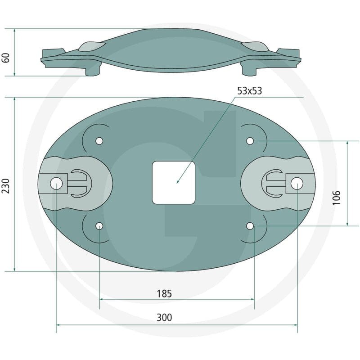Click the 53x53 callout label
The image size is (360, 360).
tap(249, 91)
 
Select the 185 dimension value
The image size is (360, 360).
tap(164, 294)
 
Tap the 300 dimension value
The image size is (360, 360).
tap(164, 318)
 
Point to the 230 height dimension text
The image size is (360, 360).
tap(5, 186)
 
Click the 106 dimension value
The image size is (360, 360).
tap(336, 198)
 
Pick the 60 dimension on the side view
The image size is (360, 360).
tap(5, 58)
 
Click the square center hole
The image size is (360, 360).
tap(174, 183)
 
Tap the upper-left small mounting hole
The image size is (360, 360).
tap(99, 141)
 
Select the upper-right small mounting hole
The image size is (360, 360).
tap(250, 141)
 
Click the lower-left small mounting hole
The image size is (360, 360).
tap(99, 226)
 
